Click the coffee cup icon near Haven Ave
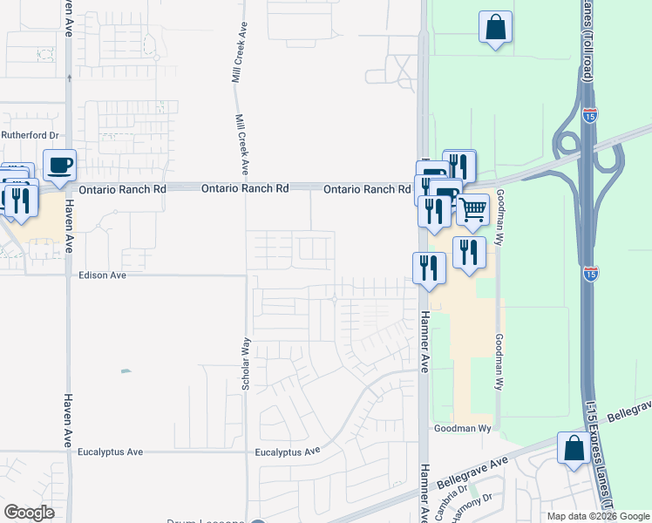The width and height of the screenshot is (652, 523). (x=59, y=165)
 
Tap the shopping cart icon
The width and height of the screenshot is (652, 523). (x=472, y=209)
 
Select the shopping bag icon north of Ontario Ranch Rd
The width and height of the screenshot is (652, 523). (x=495, y=26)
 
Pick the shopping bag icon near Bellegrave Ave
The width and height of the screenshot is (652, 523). (x=574, y=449)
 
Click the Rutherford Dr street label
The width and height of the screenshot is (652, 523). (x=30, y=135)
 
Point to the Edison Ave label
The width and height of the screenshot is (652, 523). (x=103, y=275)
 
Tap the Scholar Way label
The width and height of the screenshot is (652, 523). (x=247, y=363)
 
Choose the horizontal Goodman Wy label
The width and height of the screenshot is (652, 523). (x=464, y=429)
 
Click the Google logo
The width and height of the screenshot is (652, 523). (x=30, y=513)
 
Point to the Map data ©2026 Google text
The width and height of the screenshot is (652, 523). (x=597, y=516)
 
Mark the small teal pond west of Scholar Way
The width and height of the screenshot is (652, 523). (x=126, y=371)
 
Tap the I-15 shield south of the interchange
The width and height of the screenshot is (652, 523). (x=590, y=273)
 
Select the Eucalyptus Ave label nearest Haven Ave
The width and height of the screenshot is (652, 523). (x=110, y=452)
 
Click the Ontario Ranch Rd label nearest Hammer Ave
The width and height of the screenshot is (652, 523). (x=367, y=189)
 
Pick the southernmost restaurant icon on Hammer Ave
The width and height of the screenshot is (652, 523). (x=429, y=267)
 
